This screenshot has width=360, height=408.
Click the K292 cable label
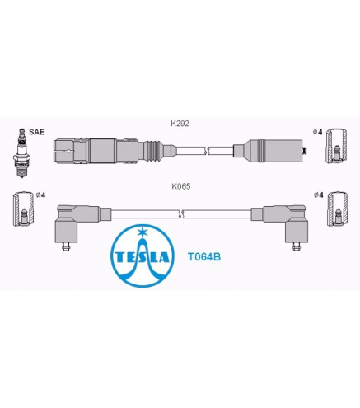[x=180, y=124]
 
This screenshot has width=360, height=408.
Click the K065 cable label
[x=181, y=186]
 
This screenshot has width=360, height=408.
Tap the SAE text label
[x=37, y=132]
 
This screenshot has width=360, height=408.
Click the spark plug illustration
[x=21, y=152]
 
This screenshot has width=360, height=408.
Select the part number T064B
[x=204, y=257]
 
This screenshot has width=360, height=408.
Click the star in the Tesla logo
[x=143, y=232]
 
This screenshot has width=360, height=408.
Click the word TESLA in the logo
[x=143, y=257]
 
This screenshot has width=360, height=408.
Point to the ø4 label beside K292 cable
[x=317, y=132]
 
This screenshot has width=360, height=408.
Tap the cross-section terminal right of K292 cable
[x=336, y=146]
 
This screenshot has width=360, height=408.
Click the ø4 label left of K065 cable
[x=40, y=195]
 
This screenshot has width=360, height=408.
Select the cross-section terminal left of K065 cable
[x=24, y=209]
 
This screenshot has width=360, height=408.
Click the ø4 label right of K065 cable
[x=319, y=195]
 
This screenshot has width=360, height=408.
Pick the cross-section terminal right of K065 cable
[x=338, y=209]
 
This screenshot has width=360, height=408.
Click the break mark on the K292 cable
[x=207, y=151]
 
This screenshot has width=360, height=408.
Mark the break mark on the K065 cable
[x=180, y=214]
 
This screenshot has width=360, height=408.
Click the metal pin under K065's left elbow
[x=65, y=246]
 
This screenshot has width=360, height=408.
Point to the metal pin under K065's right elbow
[x=296, y=246]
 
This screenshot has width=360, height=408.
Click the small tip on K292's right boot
[x=305, y=151]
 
